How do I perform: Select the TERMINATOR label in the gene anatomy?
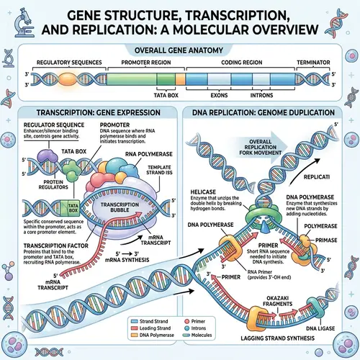[321, 63]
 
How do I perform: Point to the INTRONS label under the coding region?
[274, 92]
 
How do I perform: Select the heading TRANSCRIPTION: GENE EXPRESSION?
[90, 113]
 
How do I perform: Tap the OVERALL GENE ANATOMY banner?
[179, 49]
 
